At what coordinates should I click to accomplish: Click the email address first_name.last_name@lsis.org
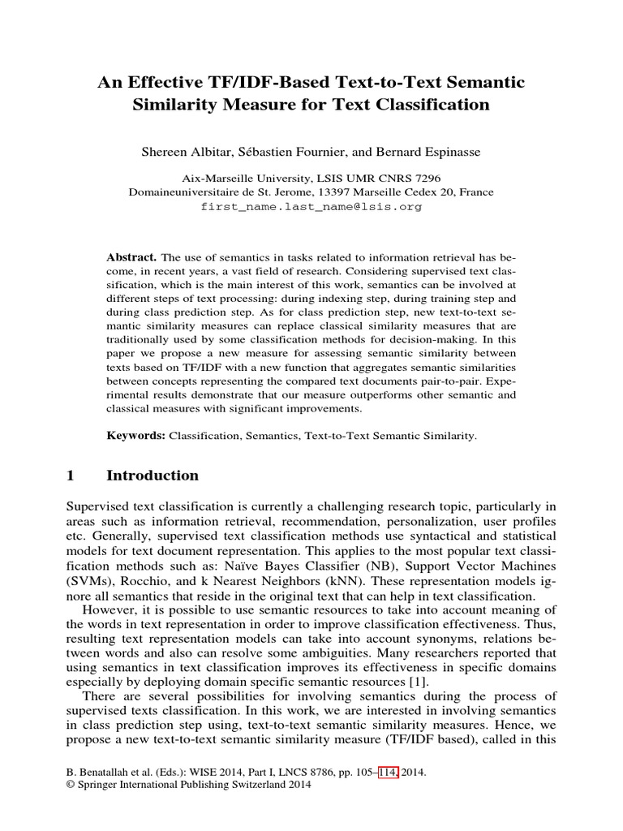point(311,206)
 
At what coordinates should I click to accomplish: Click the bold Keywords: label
point(136,436)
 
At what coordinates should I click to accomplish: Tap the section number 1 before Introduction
point(71,476)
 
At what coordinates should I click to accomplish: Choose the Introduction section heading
point(153,476)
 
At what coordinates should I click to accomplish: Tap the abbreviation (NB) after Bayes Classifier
point(402,566)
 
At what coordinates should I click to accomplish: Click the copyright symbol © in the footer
point(69,785)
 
